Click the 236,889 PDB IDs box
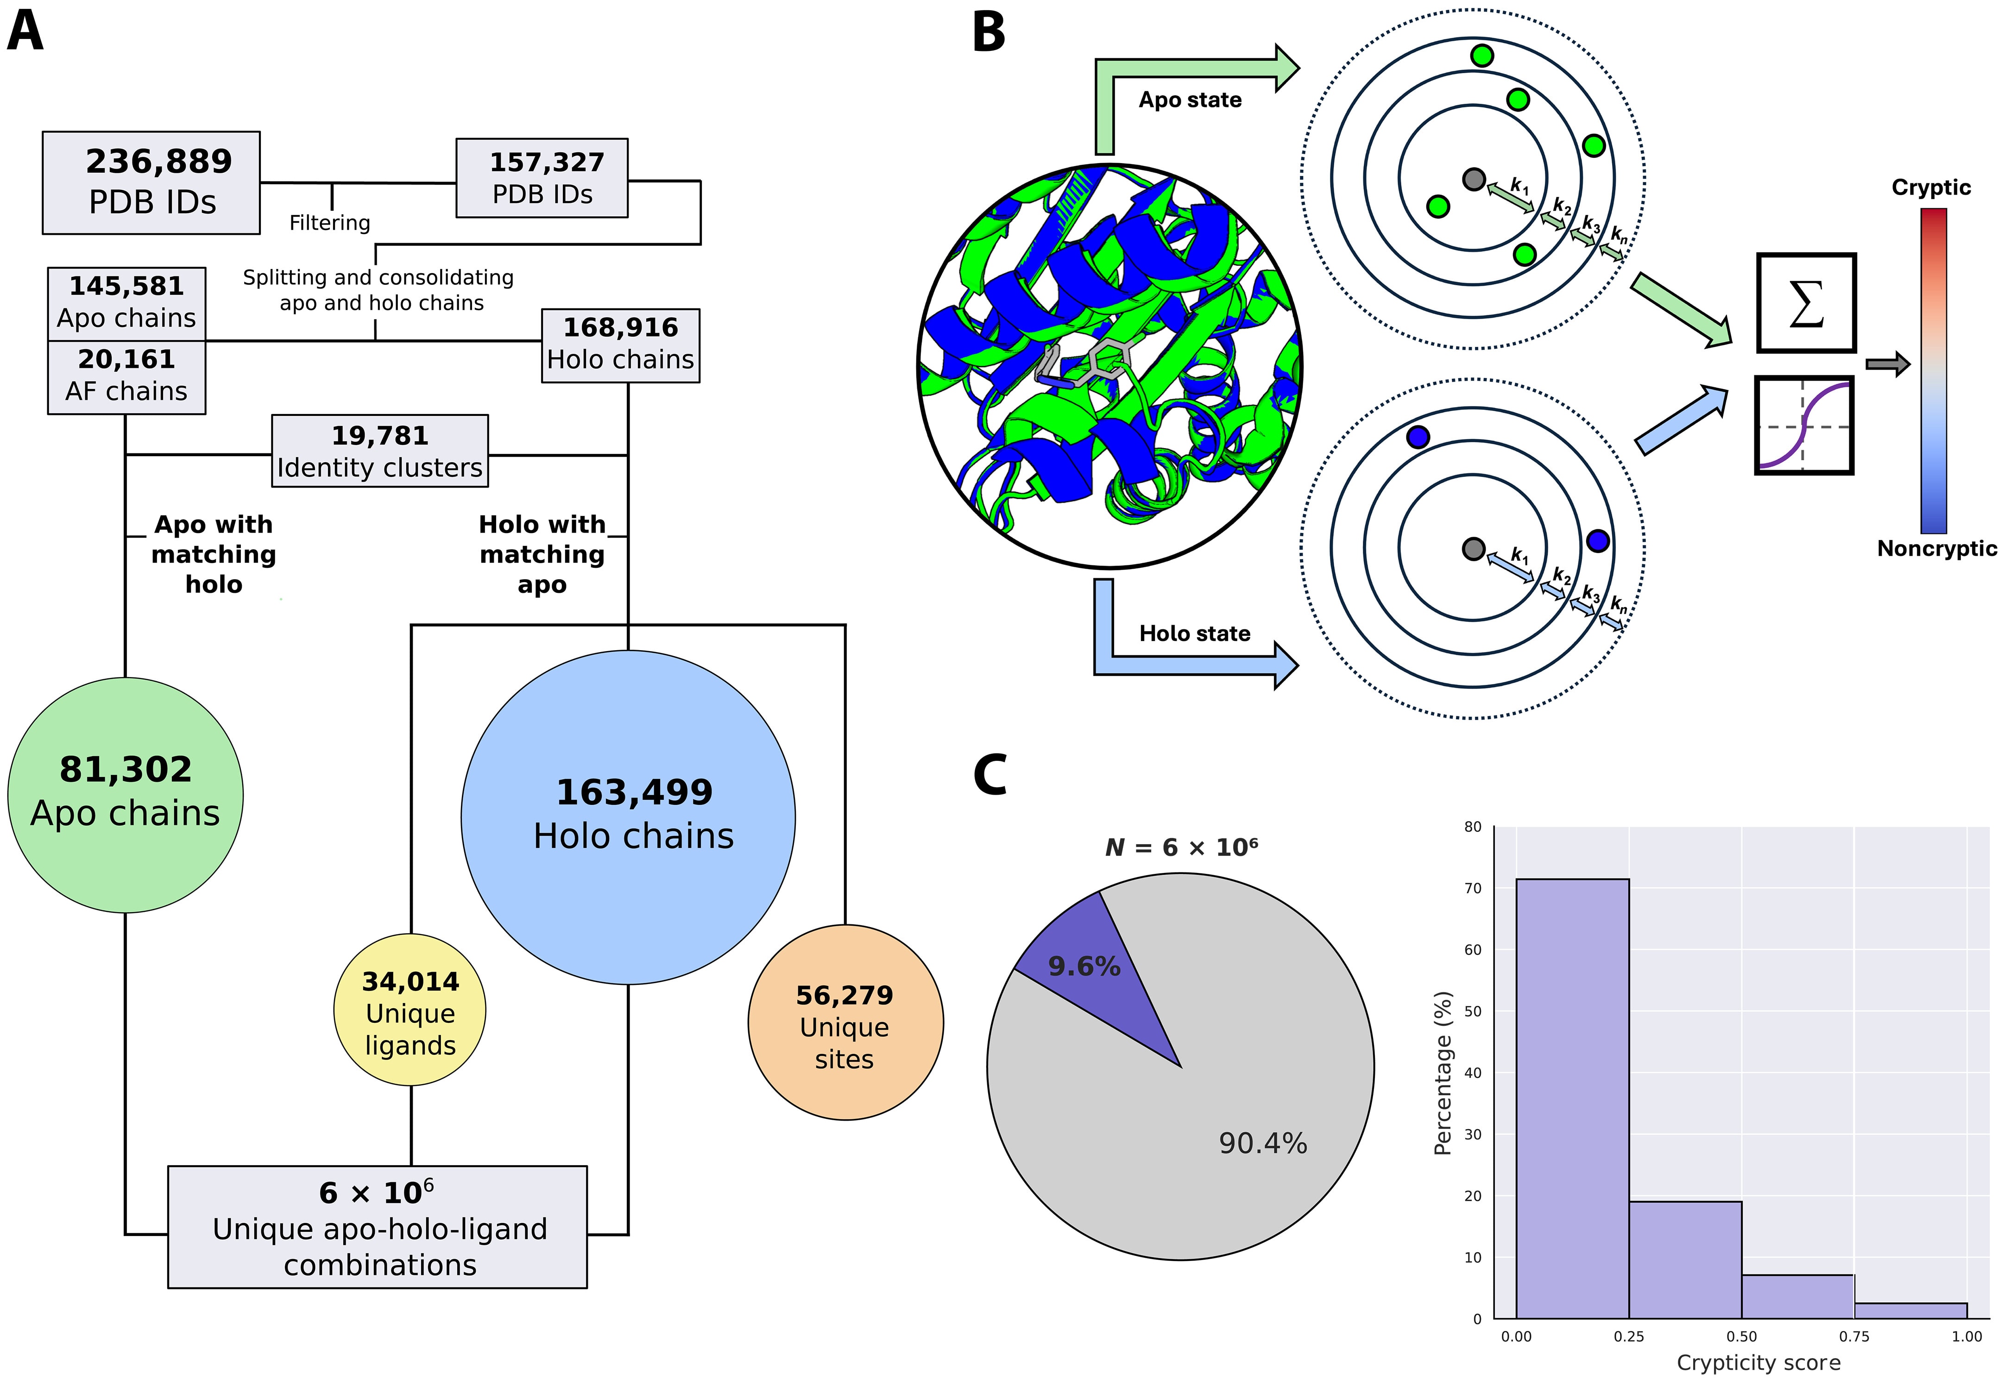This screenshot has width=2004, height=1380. point(151,182)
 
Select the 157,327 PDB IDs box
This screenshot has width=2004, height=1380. point(542,177)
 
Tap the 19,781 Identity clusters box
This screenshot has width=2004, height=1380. point(380,451)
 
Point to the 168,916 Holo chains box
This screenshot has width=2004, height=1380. point(620,345)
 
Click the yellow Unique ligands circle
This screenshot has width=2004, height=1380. point(410,1010)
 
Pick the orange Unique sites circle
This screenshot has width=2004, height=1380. point(845,1023)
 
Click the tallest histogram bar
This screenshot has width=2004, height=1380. point(1572,1098)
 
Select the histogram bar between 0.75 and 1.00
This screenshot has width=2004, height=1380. point(1910,1310)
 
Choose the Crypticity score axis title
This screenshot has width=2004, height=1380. point(1758,1363)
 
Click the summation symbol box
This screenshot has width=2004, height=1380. point(1806,303)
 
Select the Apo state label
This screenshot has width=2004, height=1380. point(1190,100)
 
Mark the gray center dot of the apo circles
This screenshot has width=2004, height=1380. point(1474,179)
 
